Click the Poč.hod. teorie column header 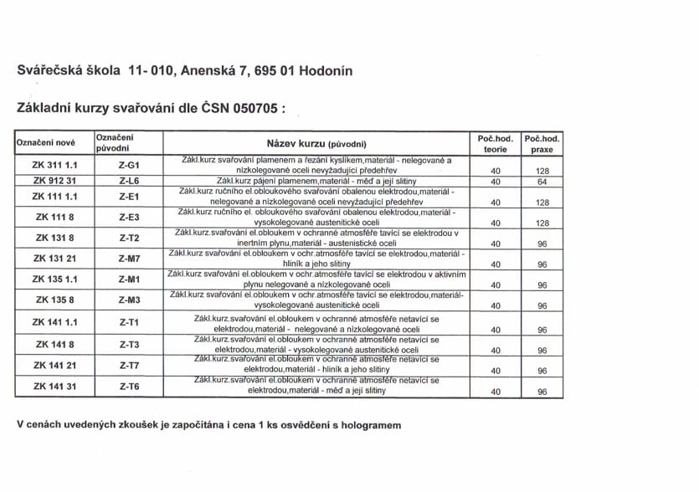[x=495, y=143]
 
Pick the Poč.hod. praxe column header [x=541, y=143]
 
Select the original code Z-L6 [x=129, y=181]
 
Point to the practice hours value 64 [x=542, y=182]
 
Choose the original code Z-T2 [x=129, y=238]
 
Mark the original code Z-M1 [x=129, y=279]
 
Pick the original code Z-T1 [x=129, y=322]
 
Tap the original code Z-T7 [x=129, y=365]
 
